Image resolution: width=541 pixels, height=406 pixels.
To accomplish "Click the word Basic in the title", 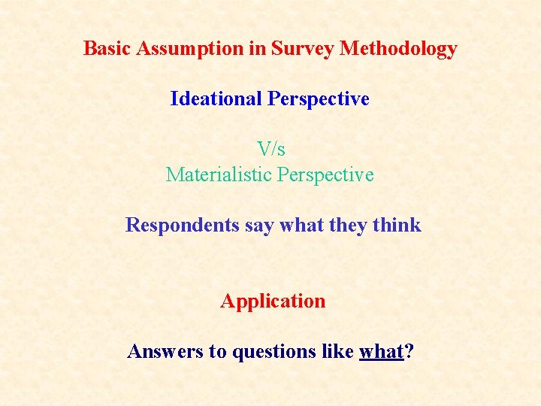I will tap(104, 49).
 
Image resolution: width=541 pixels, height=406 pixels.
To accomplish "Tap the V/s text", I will tap(270, 149).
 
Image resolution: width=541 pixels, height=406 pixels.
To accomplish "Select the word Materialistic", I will tap(219, 175).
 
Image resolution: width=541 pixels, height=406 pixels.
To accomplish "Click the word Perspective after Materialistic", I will tap(325, 175).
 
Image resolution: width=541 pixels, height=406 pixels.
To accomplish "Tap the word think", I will tap(397, 225).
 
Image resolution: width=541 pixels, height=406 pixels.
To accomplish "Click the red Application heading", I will tap(273, 301).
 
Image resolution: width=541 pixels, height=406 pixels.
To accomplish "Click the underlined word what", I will tap(382, 351).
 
